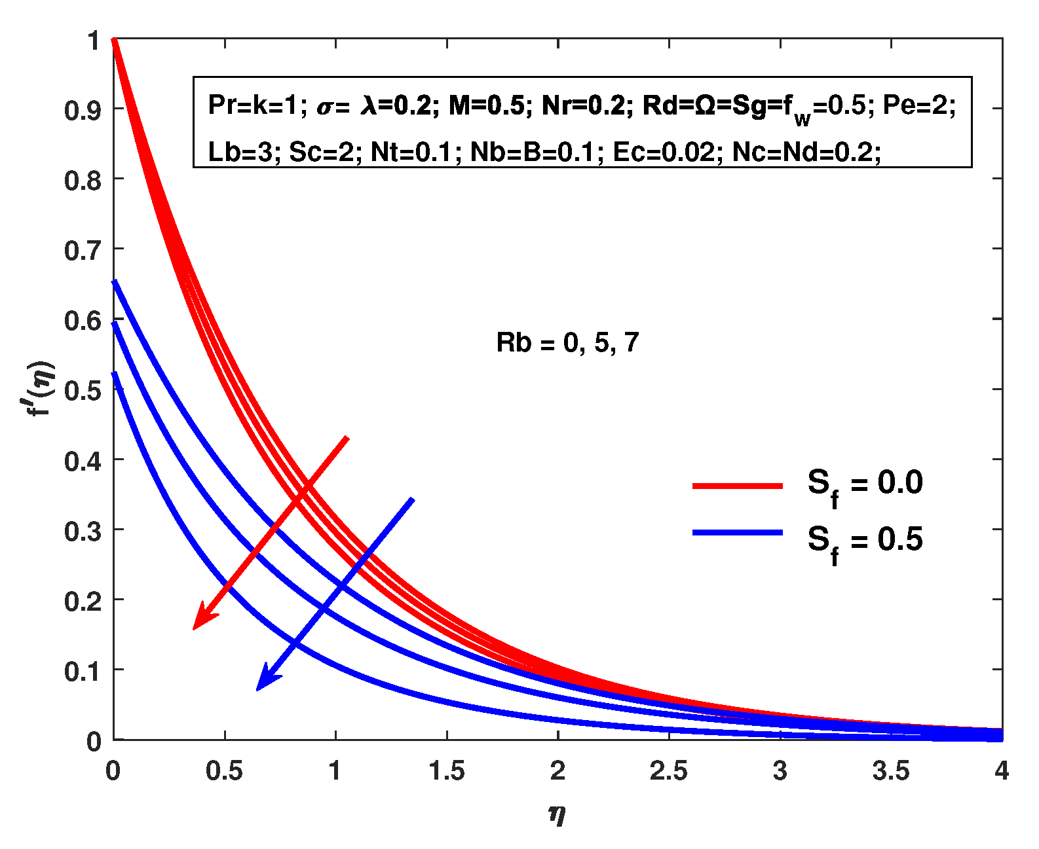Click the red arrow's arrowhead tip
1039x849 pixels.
194,628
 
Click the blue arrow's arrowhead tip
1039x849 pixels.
257,689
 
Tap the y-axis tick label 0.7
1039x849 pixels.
83,251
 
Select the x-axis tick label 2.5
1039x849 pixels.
668,771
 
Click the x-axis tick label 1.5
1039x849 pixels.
446,771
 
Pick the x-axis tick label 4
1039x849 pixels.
1001,771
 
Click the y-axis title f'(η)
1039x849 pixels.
41,389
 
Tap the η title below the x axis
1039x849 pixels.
557,814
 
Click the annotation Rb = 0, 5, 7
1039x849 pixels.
567,343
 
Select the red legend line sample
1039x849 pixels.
738,486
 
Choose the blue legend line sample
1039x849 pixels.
738,533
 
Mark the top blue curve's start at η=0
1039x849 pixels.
115,282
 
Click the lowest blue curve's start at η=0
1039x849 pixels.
115,374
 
